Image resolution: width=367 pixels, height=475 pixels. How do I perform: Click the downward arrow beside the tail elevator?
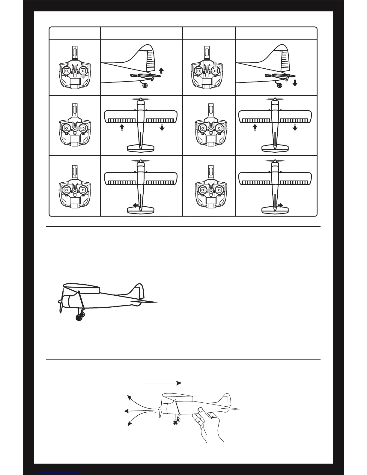295,83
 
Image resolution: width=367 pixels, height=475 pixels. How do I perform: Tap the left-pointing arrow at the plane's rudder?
135,205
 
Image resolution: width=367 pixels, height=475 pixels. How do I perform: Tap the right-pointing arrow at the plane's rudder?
280,205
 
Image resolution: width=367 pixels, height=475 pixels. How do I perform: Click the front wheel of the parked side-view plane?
79,318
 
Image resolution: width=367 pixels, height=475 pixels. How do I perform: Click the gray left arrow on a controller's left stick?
61,190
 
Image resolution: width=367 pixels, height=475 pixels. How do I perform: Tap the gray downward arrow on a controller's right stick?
83,77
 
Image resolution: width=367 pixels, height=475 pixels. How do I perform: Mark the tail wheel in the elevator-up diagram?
145,85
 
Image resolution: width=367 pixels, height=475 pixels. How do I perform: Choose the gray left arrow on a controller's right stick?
78,128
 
